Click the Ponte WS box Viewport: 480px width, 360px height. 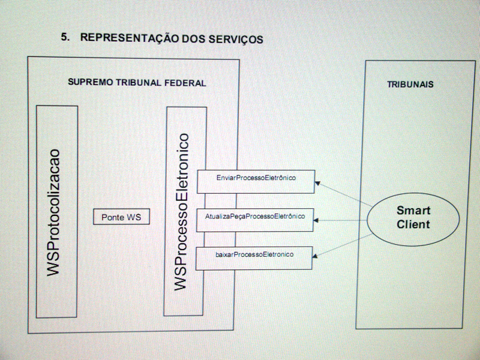121,217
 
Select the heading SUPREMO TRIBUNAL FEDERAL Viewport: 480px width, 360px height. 137,83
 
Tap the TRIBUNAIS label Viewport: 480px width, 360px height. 410,85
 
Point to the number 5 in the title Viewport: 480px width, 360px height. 64,37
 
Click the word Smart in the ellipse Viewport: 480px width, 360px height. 413,211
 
